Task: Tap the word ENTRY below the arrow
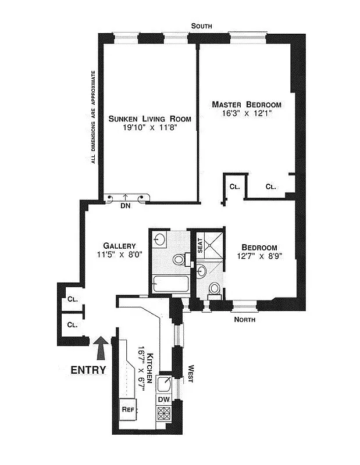88,370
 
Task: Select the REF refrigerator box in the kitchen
128,409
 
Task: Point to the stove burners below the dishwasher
164,414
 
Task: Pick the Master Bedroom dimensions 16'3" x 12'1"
246,114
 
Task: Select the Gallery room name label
120,245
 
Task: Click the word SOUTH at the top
204,26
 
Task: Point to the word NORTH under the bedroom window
244,319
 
